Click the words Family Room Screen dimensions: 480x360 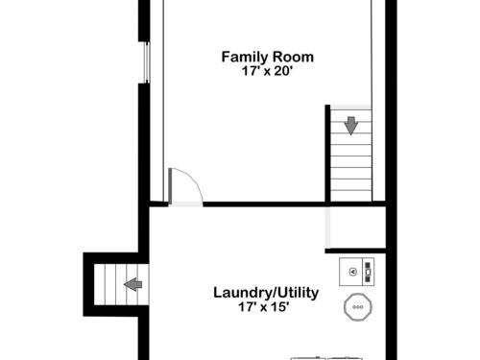click(268, 58)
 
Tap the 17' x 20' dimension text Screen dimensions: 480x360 click(267, 71)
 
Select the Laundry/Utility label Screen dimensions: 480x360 click(266, 293)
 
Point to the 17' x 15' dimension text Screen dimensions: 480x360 click(264, 307)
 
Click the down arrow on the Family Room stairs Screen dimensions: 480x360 click(351, 126)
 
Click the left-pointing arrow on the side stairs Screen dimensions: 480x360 click(133, 284)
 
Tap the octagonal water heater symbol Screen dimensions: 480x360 click(358, 307)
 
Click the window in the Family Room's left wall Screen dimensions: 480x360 click(147, 62)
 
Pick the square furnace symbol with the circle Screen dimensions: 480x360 click(357, 272)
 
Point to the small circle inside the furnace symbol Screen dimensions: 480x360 click(353, 272)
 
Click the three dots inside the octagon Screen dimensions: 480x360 click(358, 307)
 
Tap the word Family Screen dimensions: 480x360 click(245, 58)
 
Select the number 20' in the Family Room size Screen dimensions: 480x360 click(283, 71)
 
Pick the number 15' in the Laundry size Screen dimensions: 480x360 click(279, 307)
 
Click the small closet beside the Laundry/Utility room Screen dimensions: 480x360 click(357, 228)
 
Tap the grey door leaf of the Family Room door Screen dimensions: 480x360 click(170, 185)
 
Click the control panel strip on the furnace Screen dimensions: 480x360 click(368, 272)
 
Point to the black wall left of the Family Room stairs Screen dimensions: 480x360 click(327, 154)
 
